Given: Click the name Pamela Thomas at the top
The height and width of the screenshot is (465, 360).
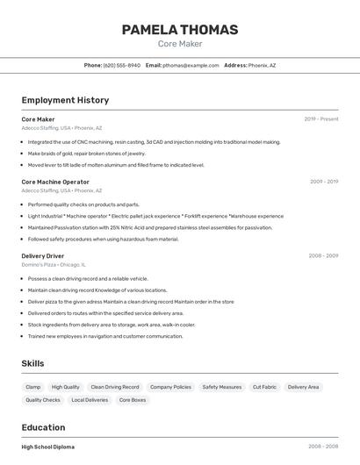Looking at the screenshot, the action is click(179, 30).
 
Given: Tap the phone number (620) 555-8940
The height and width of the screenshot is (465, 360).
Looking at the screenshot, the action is click(121, 65).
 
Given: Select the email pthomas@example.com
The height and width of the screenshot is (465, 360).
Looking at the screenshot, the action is click(191, 65).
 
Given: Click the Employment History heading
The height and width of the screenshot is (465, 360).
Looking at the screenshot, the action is click(65, 100).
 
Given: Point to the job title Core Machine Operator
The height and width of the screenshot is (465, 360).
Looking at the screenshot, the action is click(55, 182).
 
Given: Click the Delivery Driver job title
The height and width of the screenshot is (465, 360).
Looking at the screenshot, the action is click(43, 255).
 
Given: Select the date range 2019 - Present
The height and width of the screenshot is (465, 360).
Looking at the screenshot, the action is click(321, 119).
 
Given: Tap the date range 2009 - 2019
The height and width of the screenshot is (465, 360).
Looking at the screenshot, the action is click(323, 182).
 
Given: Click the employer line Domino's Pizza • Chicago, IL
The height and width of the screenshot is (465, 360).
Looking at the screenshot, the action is click(54, 264).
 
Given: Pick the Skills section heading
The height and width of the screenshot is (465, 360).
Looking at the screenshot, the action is click(33, 363).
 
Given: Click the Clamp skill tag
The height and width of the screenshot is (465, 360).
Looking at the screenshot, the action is click(33, 387).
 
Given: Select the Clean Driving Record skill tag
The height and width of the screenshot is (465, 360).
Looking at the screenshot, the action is click(115, 387).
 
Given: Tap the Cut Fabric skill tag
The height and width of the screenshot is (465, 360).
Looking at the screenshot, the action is click(264, 387).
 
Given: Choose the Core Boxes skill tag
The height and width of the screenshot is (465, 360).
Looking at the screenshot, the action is click(133, 400).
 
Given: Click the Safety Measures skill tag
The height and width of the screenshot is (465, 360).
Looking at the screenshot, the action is click(222, 387).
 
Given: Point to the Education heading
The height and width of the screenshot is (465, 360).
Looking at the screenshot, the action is click(44, 427).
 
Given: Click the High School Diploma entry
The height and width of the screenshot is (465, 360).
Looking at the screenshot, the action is click(48, 447).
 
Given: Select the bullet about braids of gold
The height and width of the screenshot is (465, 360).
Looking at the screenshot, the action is click(86, 153).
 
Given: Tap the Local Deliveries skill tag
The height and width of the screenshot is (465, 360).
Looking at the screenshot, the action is click(90, 400).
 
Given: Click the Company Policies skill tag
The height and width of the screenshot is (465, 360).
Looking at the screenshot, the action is click(170, 387).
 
